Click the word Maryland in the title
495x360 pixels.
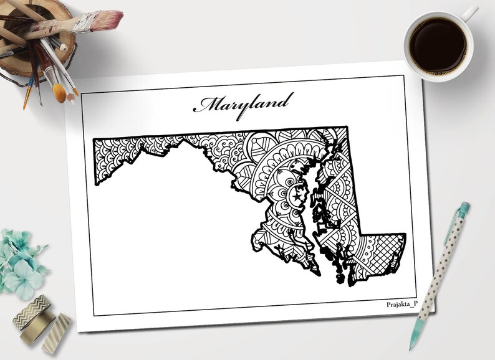pyautogui.click(x=243, y=103)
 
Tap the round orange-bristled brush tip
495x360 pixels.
pyautogui.click(x=59, y=93)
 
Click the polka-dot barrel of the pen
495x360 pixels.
pyautogui.click(x=436, y=280)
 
